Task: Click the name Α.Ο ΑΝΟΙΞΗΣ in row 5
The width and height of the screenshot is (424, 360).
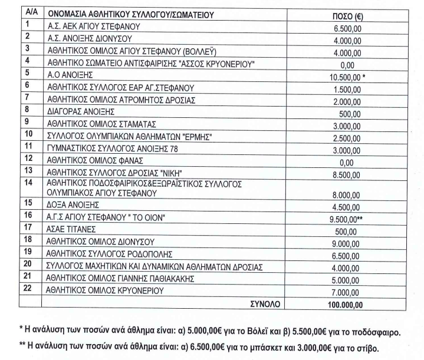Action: (71, 75)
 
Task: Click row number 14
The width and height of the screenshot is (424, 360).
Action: (28, 183)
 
